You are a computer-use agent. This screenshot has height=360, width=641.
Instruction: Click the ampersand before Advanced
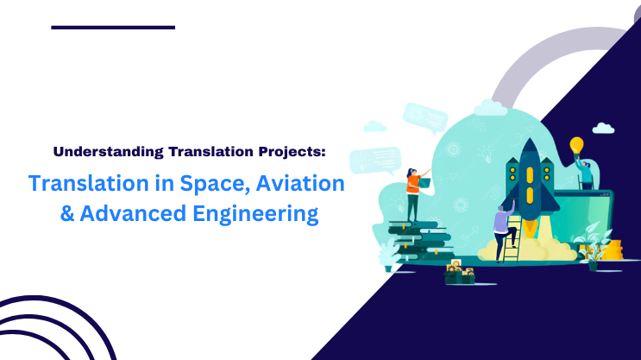pyautogui.click(x=66, y=213)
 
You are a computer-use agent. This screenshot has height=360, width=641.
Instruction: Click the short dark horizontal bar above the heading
pyautogui.click(x=113, y=27)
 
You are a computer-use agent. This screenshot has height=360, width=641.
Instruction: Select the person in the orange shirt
pyautogui.click(x=413, y=191)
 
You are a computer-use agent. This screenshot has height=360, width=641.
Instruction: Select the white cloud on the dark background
pyautogui.click(x=604, y=129)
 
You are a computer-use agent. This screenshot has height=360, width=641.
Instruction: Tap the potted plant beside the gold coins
pyautogui.click(x=593, y=246)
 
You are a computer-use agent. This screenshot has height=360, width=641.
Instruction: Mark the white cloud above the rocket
pyautogui.click(x=491, y=108)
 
